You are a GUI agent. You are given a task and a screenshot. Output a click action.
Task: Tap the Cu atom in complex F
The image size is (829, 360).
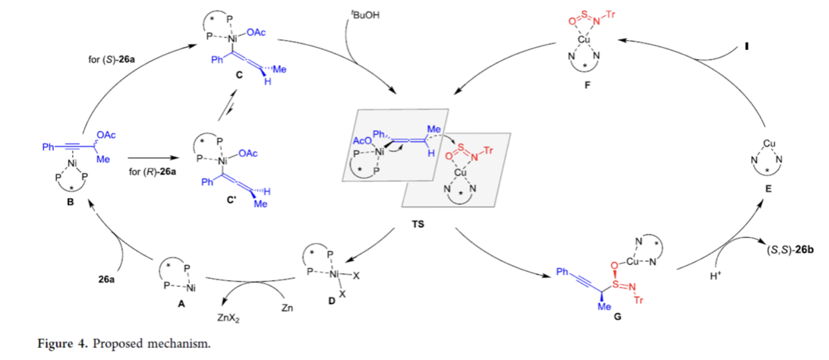coord(581,39)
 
